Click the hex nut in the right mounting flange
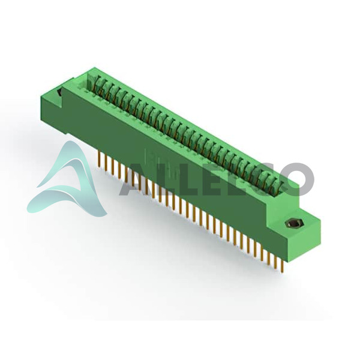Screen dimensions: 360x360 (292, 223)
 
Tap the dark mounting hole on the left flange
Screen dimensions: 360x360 (59, 92)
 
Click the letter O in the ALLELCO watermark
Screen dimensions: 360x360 (297, 179)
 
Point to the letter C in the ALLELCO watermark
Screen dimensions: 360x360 (263, 179)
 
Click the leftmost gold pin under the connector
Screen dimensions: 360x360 (100, 158)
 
